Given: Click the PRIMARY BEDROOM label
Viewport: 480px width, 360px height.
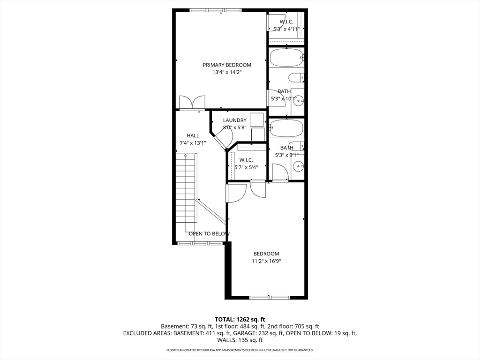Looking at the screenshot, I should point(227,65).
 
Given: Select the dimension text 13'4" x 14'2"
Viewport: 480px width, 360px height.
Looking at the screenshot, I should point(227,73).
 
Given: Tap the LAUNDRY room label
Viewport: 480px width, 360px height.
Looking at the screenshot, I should point(234,120).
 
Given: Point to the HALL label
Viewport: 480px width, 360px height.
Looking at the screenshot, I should point(193,136).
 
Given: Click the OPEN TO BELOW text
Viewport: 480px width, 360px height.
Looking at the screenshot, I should point(209,233).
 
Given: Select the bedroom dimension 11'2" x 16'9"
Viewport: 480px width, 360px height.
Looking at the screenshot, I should point(265,262).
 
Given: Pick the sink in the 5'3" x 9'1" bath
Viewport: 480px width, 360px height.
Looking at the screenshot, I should point(299,165).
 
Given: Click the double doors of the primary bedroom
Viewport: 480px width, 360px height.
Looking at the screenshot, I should point(192,103).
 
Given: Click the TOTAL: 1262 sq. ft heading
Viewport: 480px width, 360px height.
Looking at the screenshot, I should point(240,319).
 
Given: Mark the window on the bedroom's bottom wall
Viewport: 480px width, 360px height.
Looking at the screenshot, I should point(270,297).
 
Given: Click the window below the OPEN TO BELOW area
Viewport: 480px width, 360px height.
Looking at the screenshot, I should point(200,243).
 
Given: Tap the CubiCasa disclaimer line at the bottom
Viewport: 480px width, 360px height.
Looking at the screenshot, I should point(240,350).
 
